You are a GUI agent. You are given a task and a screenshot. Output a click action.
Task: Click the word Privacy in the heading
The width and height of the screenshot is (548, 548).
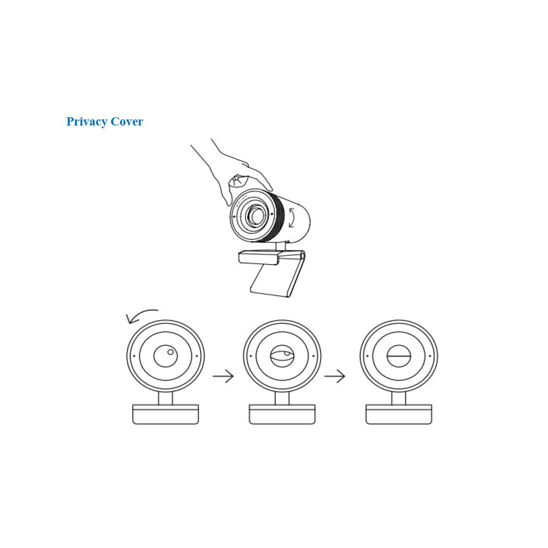click(x=87, y=122)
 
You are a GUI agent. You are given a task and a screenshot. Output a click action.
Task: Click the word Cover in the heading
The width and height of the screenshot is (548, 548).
click(x=127, y=121)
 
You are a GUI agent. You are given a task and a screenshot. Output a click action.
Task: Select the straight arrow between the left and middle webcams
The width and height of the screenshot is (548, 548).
click(x=223, y=376)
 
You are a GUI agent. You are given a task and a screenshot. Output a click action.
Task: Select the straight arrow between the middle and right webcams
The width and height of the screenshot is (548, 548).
click(x=334, y=376)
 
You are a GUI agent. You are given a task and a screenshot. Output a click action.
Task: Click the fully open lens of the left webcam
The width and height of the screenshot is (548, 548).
click(x=165, y=356)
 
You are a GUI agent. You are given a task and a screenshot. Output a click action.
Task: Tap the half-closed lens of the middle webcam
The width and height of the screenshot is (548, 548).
click(x=282, y=356)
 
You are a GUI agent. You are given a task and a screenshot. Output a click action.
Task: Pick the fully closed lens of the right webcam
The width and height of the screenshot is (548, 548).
click(x=399, y=356)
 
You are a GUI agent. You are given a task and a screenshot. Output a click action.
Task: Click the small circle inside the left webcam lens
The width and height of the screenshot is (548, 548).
click(x=170, y=352)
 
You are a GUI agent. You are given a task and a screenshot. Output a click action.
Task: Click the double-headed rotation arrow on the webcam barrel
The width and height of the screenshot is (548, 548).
click(x=292, y=218)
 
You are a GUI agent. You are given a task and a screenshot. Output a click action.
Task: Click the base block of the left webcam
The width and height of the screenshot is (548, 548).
click(x=165, y=414)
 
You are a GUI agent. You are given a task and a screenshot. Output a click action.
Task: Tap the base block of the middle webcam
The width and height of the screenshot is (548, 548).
click(x=282, y=414)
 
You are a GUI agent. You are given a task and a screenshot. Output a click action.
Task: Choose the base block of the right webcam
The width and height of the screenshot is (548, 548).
click(x=399, y=414)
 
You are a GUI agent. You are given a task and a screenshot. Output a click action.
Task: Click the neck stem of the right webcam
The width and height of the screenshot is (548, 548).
click(x=399, y=398)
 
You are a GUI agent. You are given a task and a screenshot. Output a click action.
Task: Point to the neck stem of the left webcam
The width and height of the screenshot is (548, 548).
click(x=165, y=398)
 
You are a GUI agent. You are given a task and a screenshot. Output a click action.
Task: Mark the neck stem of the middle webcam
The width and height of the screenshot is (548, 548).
click(x=282, y=398)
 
